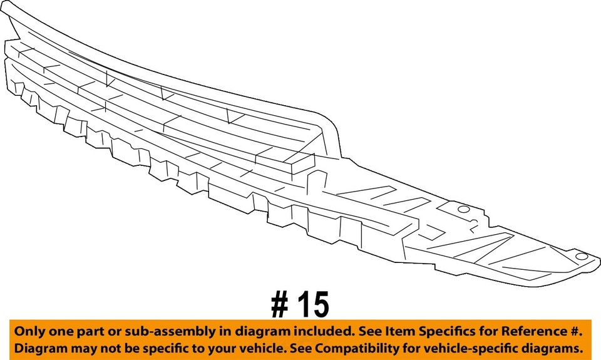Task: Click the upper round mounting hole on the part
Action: [463, 210]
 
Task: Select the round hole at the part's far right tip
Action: [580, 257]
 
